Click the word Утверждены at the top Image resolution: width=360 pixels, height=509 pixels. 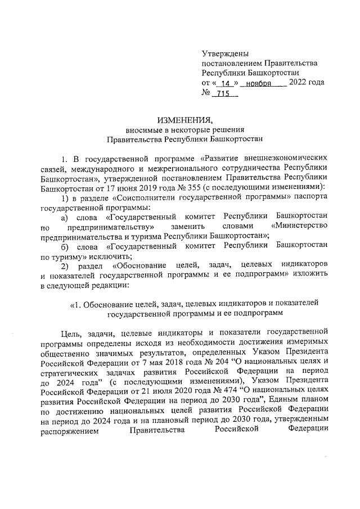coord(224,53)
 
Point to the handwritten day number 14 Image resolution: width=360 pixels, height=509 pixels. coord(226,83)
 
